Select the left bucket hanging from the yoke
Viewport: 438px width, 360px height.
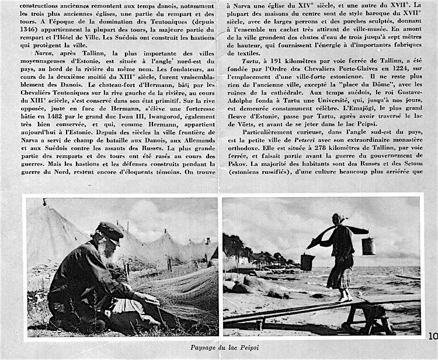tap(308, 262)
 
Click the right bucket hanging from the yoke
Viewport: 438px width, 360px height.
tap(368, 246)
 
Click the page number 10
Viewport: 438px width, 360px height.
tap(432, 335)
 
